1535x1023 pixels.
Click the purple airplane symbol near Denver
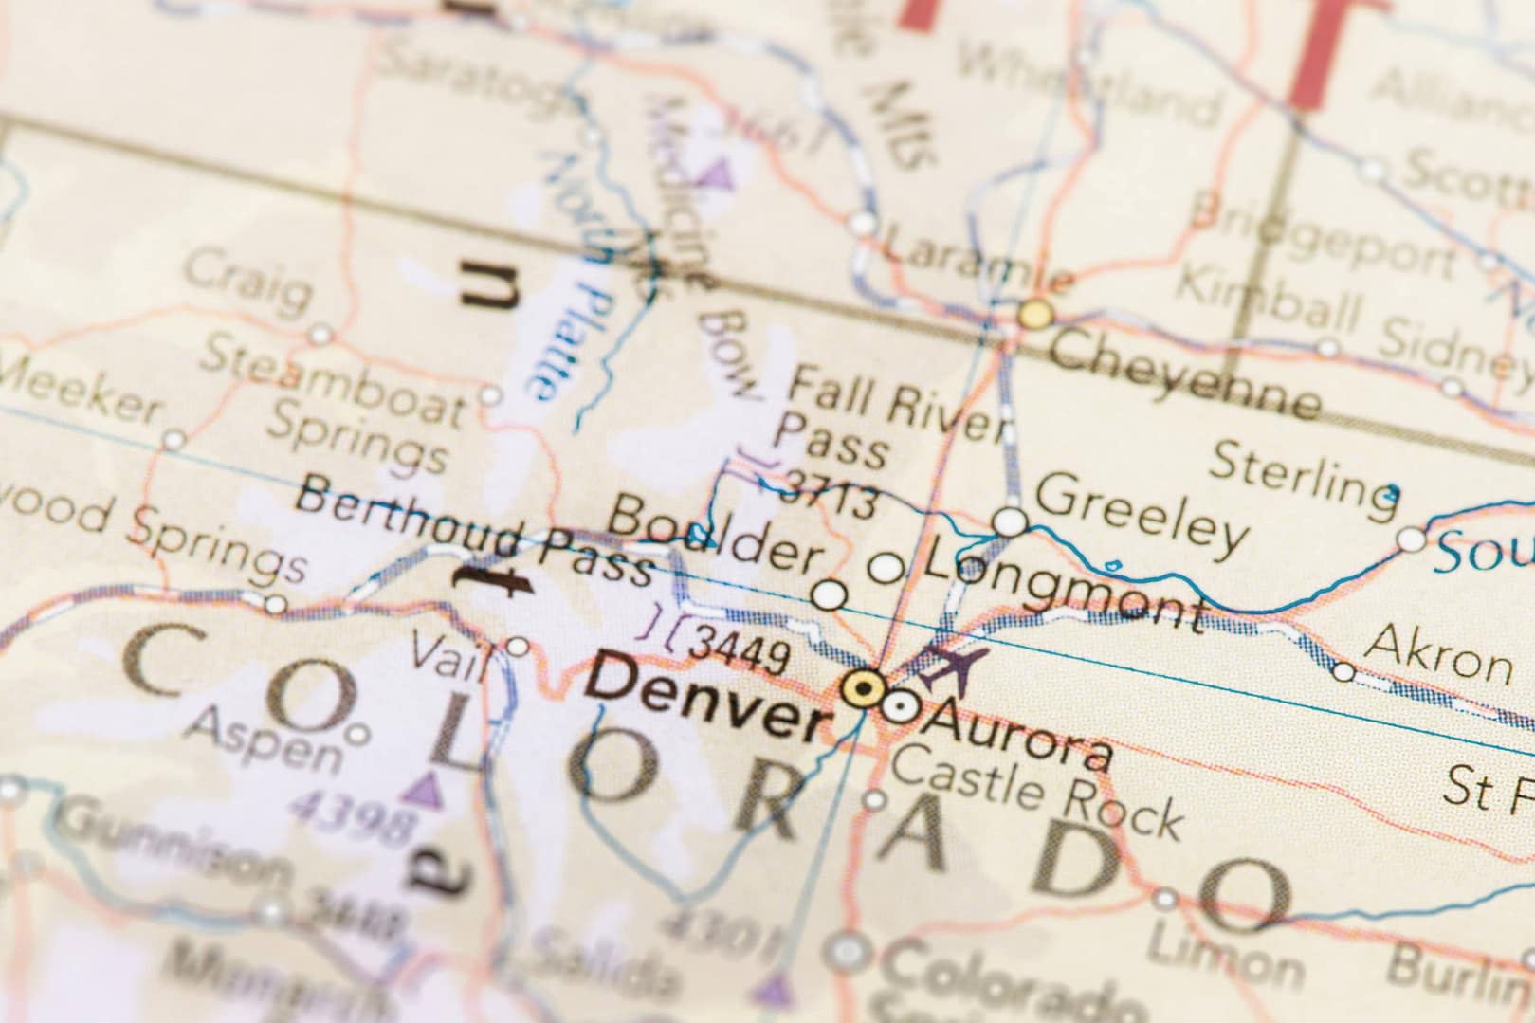[x=954, y=667]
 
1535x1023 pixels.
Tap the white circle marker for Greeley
[x=1010, y=521]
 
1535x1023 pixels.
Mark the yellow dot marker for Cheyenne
[x=1036, y=314]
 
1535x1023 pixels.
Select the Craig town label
[x=247, y=280]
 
